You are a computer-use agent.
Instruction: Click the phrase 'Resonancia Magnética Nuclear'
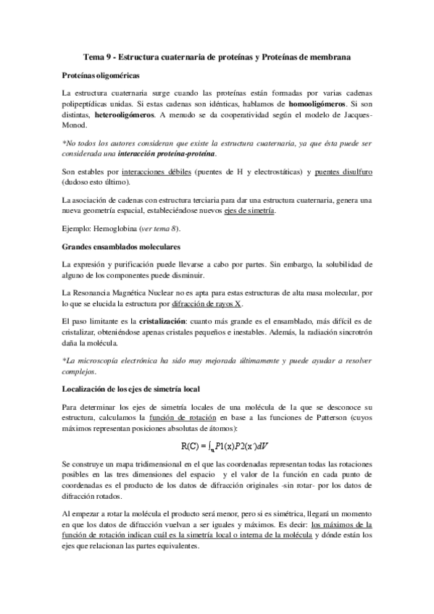point(133,293)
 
